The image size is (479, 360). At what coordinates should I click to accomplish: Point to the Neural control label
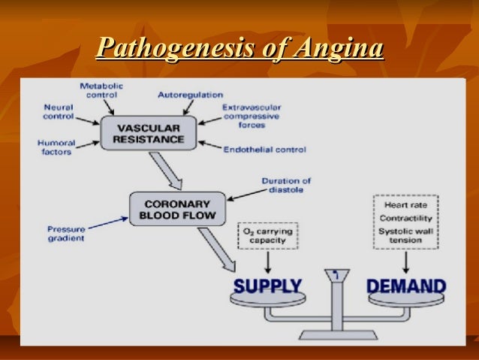point(58,113)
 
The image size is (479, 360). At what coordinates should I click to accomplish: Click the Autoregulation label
point(190,95)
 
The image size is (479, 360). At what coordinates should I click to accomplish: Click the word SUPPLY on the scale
point(267,286)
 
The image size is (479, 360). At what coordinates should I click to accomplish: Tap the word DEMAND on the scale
point(405,286)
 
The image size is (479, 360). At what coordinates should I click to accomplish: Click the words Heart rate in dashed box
point(405,204)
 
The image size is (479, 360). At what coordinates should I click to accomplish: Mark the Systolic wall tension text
point(405,234)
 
